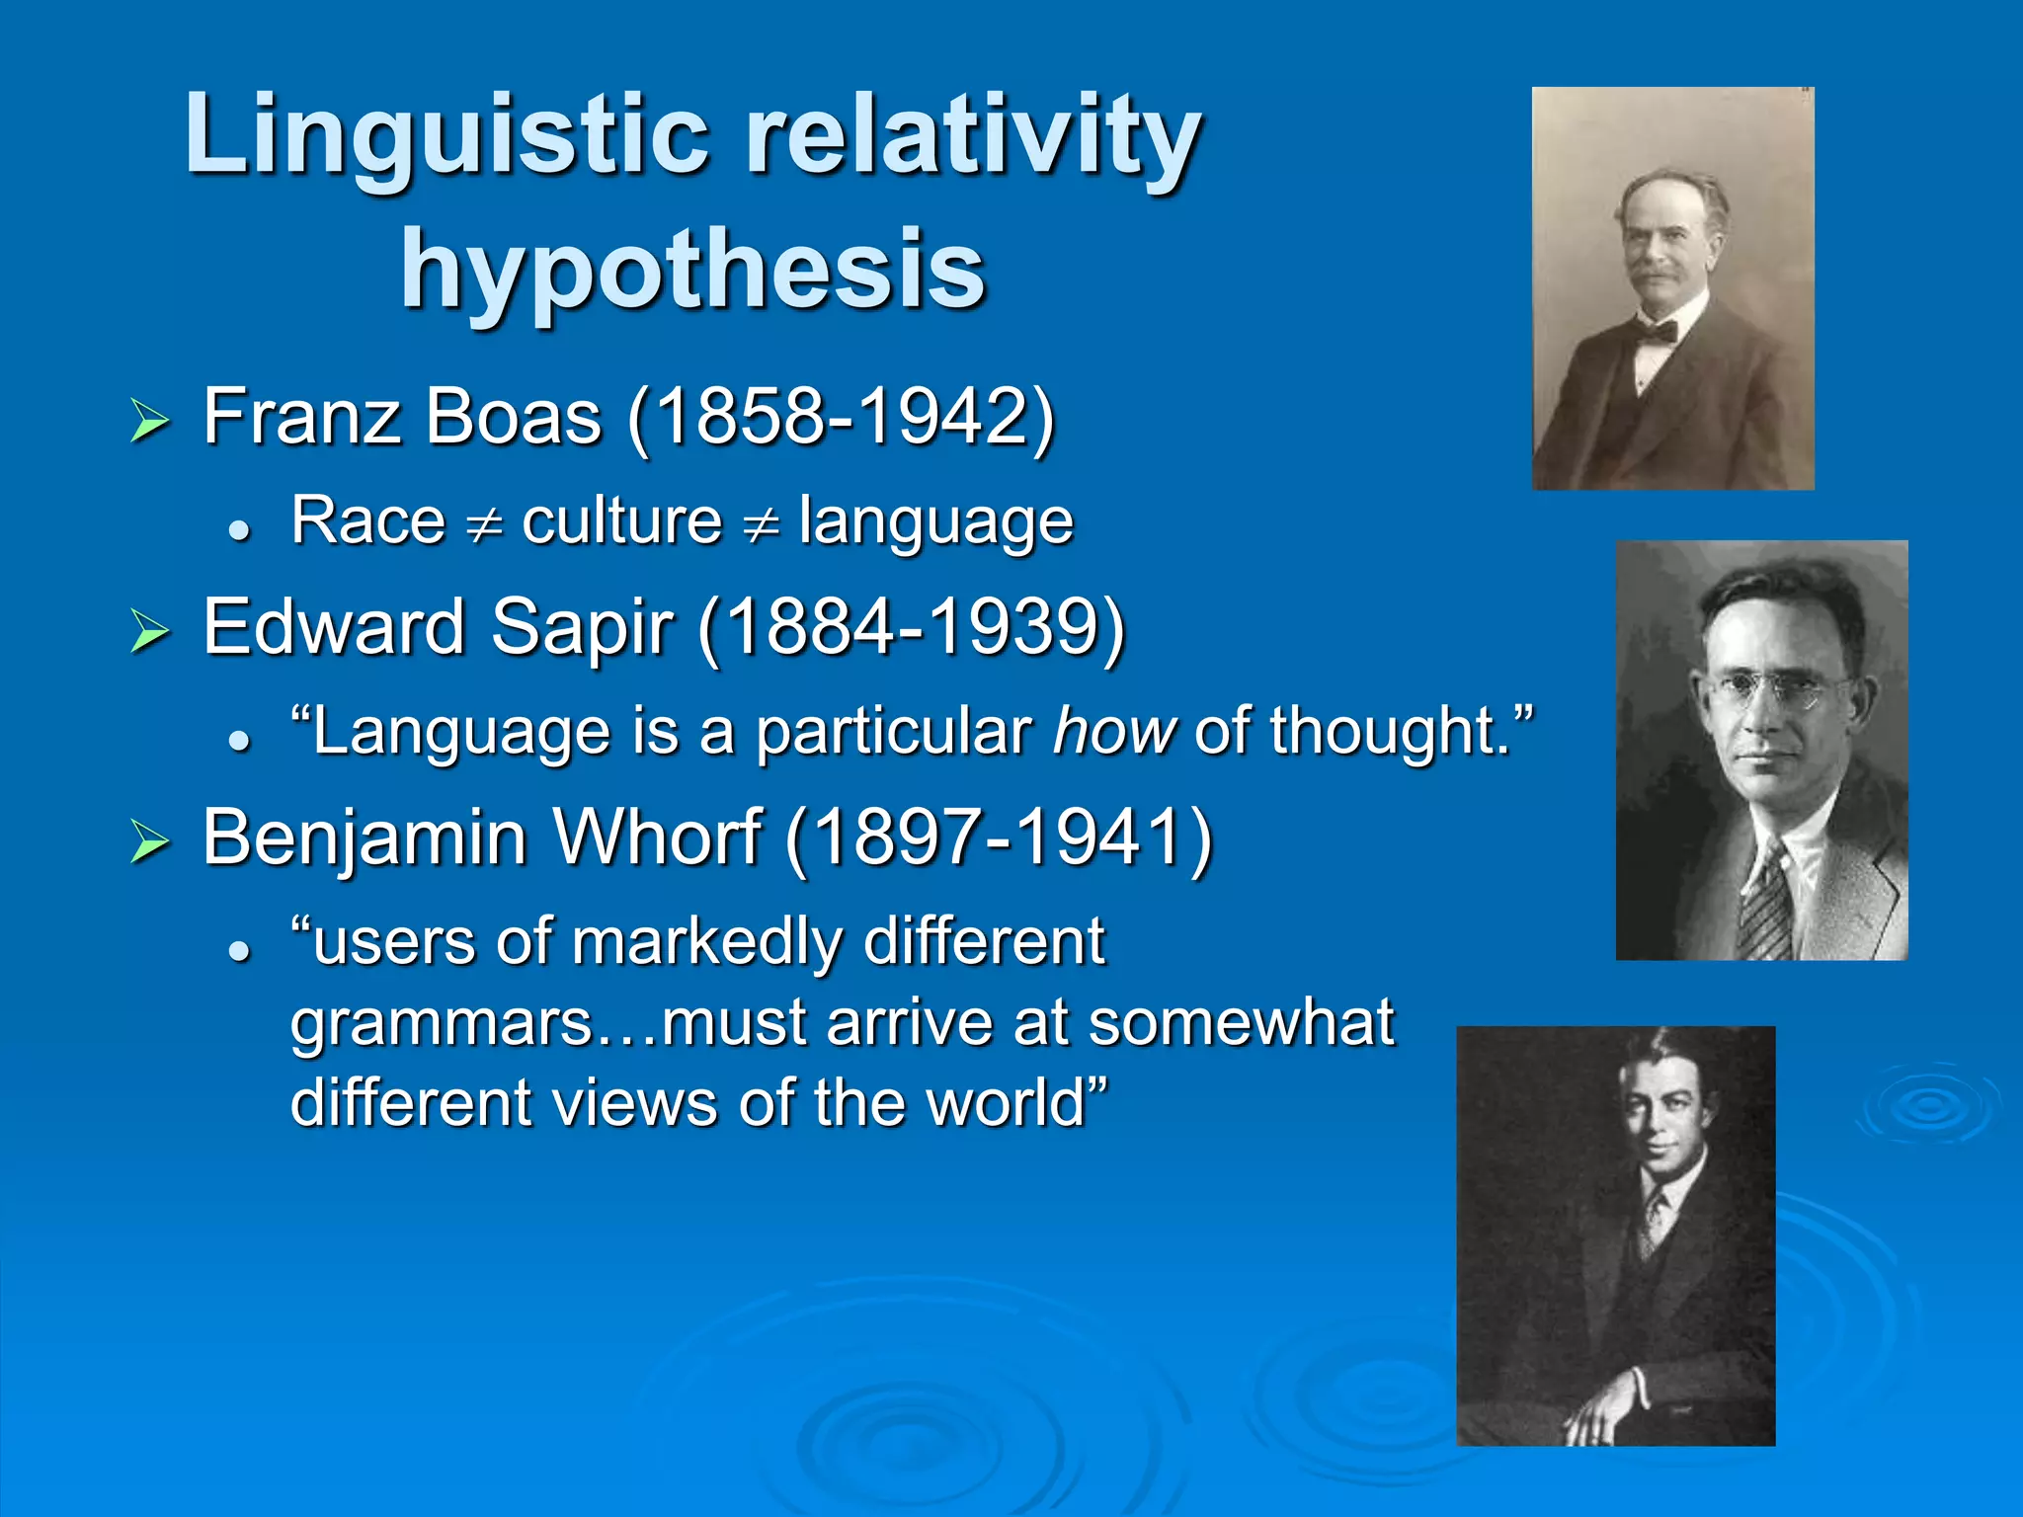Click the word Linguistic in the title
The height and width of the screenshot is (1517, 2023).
pos(446,135)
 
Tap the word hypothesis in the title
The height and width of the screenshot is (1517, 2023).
pos(692,269)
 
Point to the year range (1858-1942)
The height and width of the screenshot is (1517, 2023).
pos(841,417)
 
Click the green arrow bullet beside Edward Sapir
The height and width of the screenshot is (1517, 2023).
pos(150,631)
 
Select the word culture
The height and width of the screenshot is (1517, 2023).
pos(622,520)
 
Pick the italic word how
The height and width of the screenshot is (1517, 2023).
pos(1114,732)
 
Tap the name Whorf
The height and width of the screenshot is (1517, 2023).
pos(656,838)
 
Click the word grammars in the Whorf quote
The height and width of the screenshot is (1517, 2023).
pos(440,1024)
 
